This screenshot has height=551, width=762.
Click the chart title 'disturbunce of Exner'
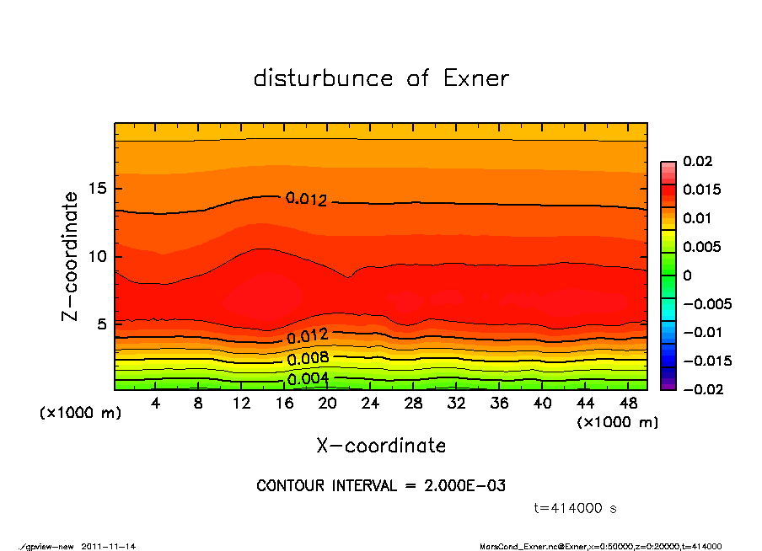coord(381,78)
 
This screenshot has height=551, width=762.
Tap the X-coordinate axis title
coord(381,446)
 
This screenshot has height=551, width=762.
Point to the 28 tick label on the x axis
coord(413,404)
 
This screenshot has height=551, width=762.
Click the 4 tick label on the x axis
coord(156,404)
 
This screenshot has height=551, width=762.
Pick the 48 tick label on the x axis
coord(627,404)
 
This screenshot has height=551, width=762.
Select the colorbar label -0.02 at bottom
coord(700,389)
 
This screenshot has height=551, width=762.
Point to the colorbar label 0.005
coord(701,247)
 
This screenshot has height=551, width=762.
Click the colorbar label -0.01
coord(700,332)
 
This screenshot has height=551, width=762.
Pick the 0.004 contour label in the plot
coord(308,379)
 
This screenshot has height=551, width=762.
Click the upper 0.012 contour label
coord(306,199)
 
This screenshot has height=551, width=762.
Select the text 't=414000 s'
coord(576,509)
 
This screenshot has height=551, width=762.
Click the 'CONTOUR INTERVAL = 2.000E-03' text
coord(381,486)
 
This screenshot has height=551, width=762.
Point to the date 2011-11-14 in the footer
coord(109,546)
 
